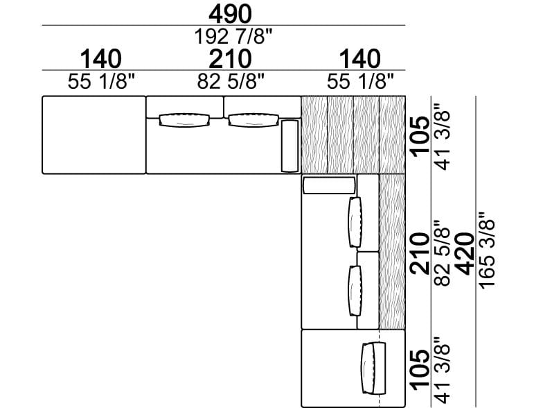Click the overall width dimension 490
coord(230,14)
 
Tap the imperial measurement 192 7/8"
coord(233,36)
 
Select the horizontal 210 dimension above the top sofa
coord(230,59)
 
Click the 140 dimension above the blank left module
coord(101,59)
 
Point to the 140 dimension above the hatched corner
coord(360,59)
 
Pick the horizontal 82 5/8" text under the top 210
coord(231,82)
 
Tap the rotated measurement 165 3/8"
coord(487,250)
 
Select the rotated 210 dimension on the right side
coord(420,254)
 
